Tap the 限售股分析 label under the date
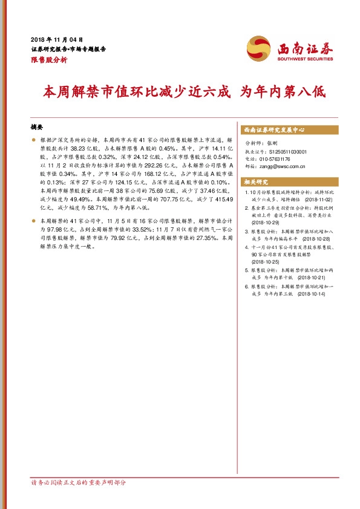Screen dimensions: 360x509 coord(48,60)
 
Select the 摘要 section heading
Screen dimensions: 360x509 coord(37,128)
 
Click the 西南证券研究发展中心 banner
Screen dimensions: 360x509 coord(273,130)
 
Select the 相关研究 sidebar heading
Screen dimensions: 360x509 coord(255,181)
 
